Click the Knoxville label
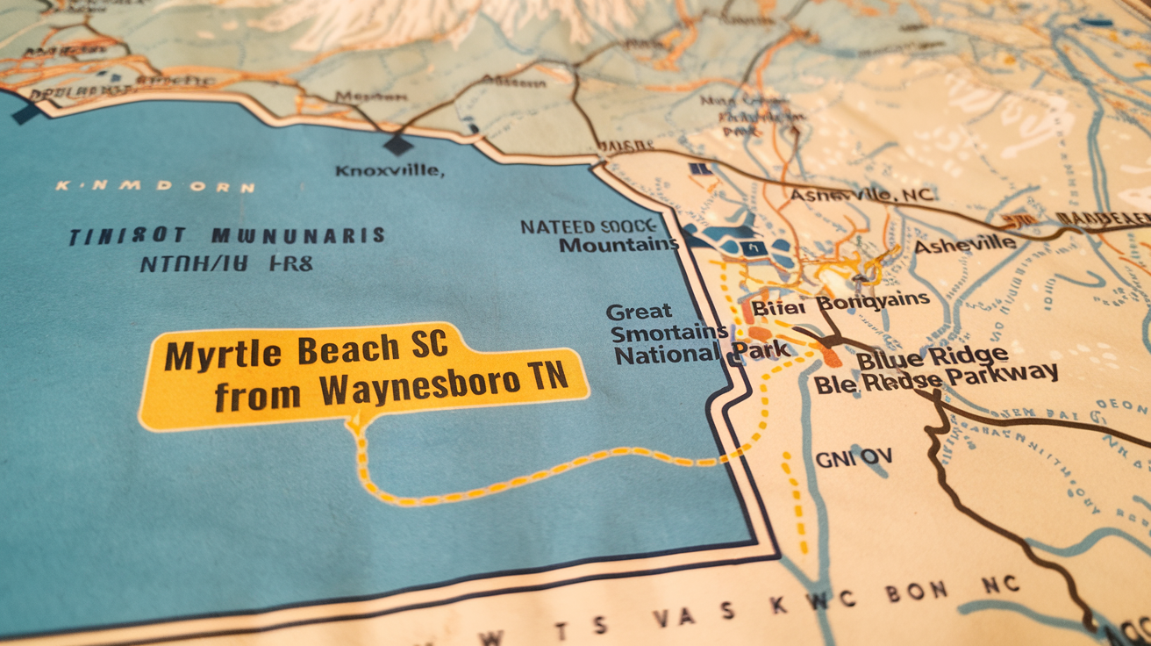pos(390,170)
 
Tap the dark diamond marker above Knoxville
pos(397,145)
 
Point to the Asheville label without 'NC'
pos(965,245)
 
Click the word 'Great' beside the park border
pos(639,311)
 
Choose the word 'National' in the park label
pos(667,355)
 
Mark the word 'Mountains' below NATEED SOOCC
pos(618,245)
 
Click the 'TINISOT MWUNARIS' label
pos(227,235)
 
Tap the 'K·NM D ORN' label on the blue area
pos(155,187)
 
